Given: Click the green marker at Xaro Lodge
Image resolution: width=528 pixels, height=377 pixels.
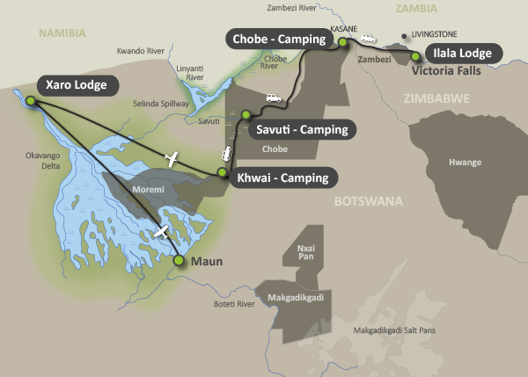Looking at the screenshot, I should coord(32,102).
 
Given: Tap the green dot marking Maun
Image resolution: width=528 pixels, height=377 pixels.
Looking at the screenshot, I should coord(179,260).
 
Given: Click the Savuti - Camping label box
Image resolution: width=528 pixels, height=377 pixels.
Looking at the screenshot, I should coord(300,130).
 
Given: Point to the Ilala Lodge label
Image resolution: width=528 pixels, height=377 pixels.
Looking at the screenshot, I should coord(465,52).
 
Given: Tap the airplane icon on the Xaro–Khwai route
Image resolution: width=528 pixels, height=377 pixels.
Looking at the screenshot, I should coord(172,159).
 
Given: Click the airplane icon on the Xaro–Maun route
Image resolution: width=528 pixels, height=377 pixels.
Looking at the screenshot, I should coord(161,232).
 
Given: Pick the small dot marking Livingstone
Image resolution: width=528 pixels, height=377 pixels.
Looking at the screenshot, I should coord(404,38).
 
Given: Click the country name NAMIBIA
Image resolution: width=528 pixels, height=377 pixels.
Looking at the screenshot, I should coord(62,33).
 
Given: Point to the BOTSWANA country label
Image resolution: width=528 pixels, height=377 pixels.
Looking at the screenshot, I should coord(368,201).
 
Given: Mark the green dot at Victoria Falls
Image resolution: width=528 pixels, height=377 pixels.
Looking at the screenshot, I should coord(414,56).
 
